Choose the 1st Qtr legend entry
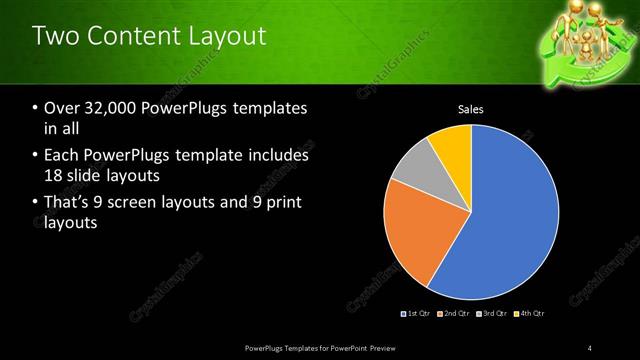[x=416, y=314]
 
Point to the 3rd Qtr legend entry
[x=491, y=314]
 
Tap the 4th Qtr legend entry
[x=529, y=314]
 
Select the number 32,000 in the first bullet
[x=104, y=108]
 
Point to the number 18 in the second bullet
[x=54, y=175]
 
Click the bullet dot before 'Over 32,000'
[x=35, y=109]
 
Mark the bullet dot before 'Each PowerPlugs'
[x=35, y=157]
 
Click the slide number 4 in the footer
[x=590, y=347]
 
